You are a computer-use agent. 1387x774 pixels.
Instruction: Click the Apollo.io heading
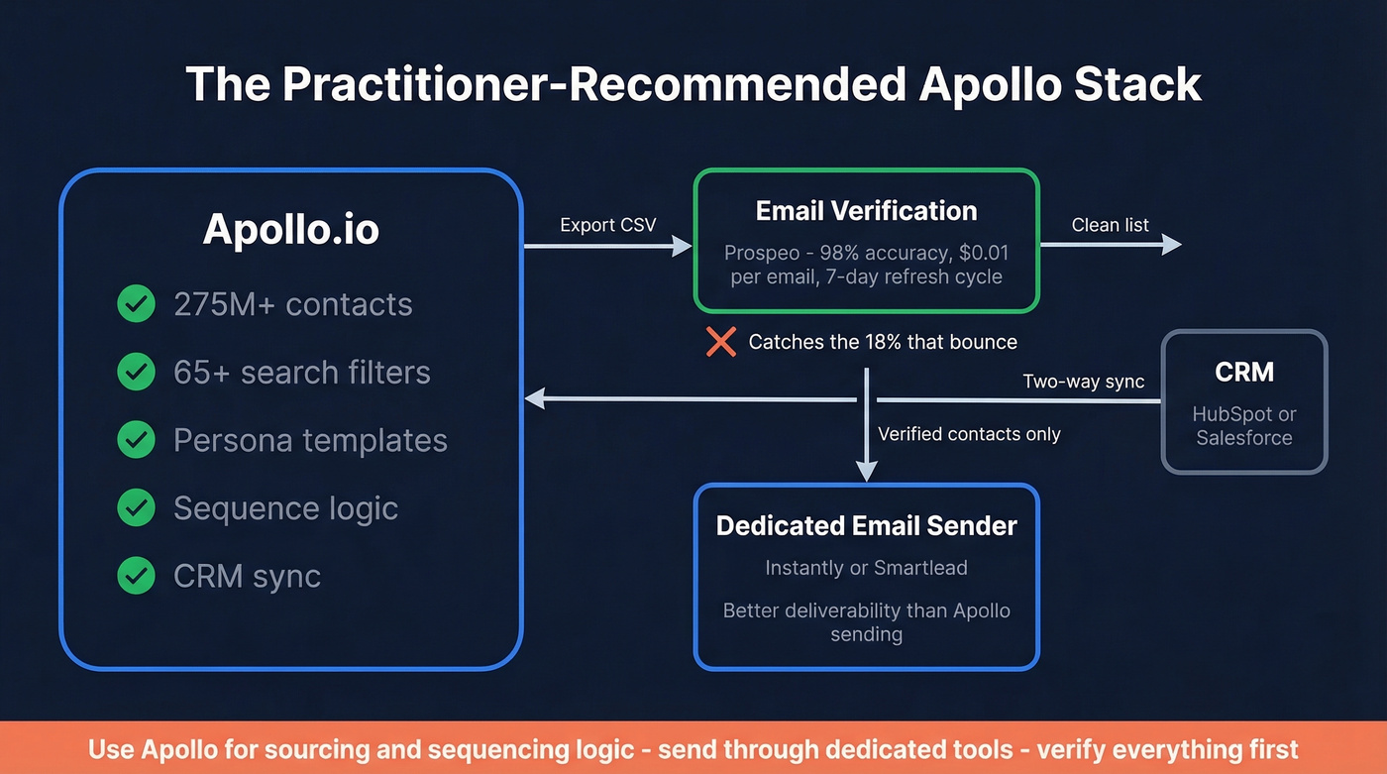point(290,229)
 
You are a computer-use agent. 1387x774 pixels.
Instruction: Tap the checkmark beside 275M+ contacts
point(136,304)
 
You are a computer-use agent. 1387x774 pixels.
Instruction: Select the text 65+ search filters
point(301,373)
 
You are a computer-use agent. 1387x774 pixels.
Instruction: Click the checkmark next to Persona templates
point(136,440)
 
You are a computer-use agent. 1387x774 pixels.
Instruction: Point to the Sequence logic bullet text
point(285,508)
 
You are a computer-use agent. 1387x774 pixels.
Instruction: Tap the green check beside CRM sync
point(136,576)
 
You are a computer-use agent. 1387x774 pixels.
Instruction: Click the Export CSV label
point(607,225)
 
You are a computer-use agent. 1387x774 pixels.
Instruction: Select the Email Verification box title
point(866,211)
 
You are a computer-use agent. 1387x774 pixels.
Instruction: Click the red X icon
point(720,342)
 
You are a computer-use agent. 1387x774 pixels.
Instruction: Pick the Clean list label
point(1110,225)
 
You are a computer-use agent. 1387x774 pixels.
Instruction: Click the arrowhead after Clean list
point(1171,244)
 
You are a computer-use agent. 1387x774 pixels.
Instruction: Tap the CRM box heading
point(1243,373)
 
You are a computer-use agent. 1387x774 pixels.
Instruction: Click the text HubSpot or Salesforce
point(1243,426)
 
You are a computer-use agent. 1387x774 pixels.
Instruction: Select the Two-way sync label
point(1083,382)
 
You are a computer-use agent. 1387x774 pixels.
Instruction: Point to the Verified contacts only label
point(968,434)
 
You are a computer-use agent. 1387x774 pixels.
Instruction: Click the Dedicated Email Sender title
point(866,526)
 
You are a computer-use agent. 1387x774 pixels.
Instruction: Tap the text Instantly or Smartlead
point(866,568)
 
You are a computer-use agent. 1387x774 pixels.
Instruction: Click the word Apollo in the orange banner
point(168,749)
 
